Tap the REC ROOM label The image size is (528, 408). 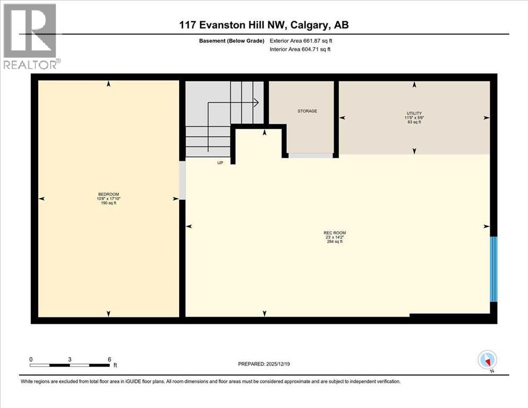click(x=335, y=233)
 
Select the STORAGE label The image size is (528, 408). click(x=307, y=111)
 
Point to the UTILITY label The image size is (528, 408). click(x=414, y=113)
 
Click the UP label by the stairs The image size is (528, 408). click(x=219, y=163)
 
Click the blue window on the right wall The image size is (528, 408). click(x=493, y=268)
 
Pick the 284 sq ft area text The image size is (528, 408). click(x=335, y=242)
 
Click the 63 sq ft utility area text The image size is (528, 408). click(x=414, y=122)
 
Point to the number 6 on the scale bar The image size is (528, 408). click(x=109, y=359)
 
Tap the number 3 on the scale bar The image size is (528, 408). click(x=70, y=359)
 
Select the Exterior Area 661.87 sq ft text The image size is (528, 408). click(x=301, y=40)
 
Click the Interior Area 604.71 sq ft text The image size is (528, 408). click(x=301, y=49)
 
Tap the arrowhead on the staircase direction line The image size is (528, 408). click(x=256, y=102)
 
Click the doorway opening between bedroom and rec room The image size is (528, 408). click(x=182, y=181)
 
